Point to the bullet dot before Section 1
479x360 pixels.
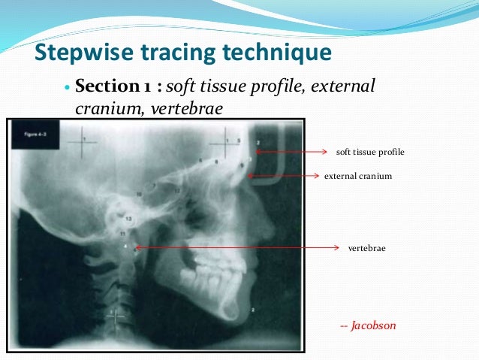pyautogui.click(x=68, y=89)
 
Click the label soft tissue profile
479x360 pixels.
pyautogui.click(x=370, y=152)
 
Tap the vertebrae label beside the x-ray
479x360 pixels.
pyautogui.click(x=366, y=247)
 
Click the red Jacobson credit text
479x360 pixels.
pyautogui.click(x=368, y=326)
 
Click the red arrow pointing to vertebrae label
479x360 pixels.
pyautogui.click(x=233, y=247)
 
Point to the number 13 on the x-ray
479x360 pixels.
pyautogui.click(x=128, y=219)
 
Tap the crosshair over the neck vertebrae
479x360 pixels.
pyautogui.click(x=116, y=316)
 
